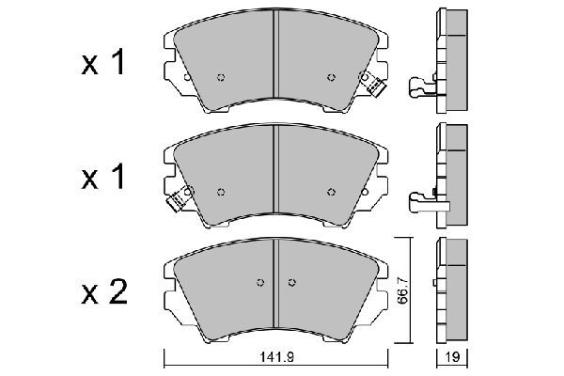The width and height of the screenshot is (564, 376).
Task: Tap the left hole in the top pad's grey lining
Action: pos(221,77)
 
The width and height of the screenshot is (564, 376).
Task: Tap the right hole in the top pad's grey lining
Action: pos(330,77)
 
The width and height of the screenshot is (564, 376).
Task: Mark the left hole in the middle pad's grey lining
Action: pos(221,192)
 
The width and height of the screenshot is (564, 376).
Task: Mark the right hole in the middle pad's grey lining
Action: pos(330,192)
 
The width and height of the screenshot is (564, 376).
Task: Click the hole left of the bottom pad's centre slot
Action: pos(261,282)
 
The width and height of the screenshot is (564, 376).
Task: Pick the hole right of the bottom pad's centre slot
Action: pos(291,282)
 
